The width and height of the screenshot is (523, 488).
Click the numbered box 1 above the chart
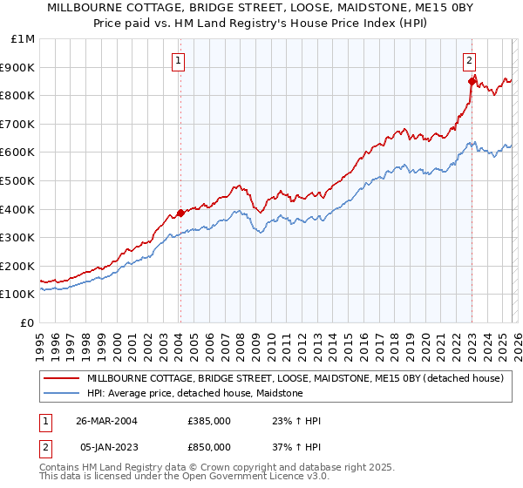[x=179, y=61]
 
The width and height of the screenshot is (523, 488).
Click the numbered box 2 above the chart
[x=469, y=61]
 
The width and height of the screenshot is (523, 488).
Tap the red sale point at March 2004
[x=180, y=213]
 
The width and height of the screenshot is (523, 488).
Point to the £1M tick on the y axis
[x=24, y=38]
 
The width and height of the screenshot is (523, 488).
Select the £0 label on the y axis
[x=28, y=322]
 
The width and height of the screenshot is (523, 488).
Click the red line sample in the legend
[x=61, y=379]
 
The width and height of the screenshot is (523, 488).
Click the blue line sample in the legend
[x=61, y=394]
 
